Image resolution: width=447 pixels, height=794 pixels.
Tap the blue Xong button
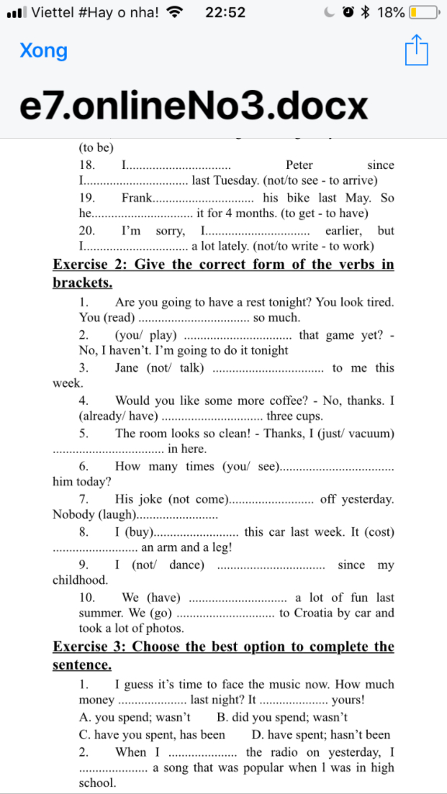(44, 51)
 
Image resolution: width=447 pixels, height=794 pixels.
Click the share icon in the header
(416, 51)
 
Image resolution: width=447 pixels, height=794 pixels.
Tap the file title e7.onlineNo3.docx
(194, 106)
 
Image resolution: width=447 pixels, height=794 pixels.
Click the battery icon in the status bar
(424, 12)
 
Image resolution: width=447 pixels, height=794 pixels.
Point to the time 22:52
(225, 12)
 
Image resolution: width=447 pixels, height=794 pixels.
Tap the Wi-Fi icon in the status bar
(175, 12)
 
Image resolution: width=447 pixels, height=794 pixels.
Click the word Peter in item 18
(299, 165)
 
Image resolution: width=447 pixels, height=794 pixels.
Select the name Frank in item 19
(137, 198)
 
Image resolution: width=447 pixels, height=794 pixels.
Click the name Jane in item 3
(127, 368)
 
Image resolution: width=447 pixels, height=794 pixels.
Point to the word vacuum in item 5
(370, 433)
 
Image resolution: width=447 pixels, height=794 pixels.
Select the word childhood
(80, 580)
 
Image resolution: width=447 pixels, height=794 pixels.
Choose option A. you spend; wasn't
(135, 717)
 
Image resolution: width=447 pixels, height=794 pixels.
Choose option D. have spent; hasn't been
(321, 735)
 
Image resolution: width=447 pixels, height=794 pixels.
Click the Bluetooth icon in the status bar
(365, 12)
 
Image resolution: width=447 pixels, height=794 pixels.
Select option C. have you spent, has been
(152, 735)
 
